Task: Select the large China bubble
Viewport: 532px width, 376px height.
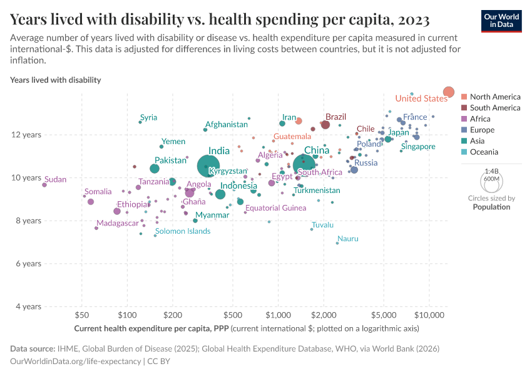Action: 304,165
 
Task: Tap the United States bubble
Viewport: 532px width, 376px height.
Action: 449,92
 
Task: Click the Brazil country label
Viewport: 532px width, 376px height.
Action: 336,117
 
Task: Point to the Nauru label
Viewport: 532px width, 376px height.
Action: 347,239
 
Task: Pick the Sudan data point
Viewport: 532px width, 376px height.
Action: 44,185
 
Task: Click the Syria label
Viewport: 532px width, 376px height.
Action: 148,117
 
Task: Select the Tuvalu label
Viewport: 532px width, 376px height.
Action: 322,225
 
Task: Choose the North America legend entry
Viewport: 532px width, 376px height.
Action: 494,97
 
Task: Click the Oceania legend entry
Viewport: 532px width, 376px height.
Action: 484,152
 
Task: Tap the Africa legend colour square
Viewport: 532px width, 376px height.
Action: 464,119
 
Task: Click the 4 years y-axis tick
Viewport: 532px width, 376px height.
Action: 29,306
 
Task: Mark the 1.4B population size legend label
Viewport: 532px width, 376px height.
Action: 491,170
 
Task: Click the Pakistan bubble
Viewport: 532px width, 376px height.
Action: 155,169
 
